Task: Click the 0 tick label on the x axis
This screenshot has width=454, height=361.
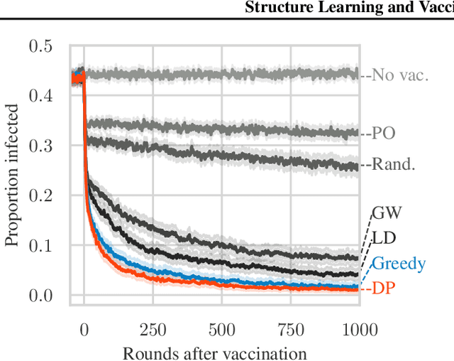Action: (x=84, y=329)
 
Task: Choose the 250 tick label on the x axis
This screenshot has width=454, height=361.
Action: (x=153, y=329)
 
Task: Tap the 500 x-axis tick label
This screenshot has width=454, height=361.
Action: (x=222, y=329)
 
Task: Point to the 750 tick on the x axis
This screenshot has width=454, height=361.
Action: (x=291, y=329)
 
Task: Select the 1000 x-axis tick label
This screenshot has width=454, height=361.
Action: (x=359, y=329)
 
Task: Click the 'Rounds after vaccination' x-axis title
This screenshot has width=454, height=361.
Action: (x=215, y=352)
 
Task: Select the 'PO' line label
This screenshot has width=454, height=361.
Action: (x=386, y=133)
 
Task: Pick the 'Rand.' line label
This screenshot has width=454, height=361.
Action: (x=394, y=166)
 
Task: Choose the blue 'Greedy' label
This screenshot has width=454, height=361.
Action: (x=399, y=264)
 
